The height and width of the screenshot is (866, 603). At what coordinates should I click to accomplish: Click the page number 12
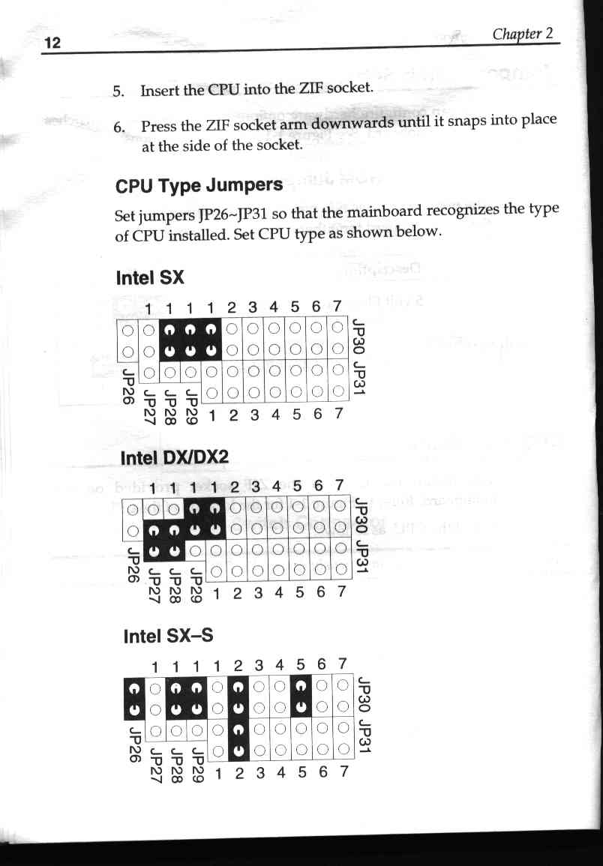click(52, 43)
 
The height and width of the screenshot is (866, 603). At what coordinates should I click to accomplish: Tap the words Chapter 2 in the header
click(522, 34)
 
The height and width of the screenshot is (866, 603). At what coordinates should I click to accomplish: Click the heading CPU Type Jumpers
click(199, 185)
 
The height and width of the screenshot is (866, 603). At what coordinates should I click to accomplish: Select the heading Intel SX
click(150, 277)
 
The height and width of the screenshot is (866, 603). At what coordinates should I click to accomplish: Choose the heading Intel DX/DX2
click(174, 458)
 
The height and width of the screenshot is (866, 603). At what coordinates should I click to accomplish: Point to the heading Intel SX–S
click(168, 637)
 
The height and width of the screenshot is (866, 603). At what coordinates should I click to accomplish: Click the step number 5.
click(118, 91)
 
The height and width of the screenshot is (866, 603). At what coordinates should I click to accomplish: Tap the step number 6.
click(118, 127)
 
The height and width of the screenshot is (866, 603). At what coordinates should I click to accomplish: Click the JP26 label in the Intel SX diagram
click(127, 386)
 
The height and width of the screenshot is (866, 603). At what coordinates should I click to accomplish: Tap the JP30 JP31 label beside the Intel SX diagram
click(359, 357)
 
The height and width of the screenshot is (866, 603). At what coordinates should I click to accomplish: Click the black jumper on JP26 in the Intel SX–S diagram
click(133, 698)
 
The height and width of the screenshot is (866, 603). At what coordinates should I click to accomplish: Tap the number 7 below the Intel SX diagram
click(339, 413)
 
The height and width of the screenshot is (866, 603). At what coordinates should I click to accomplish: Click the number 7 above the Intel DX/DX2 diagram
click(339, 485)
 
